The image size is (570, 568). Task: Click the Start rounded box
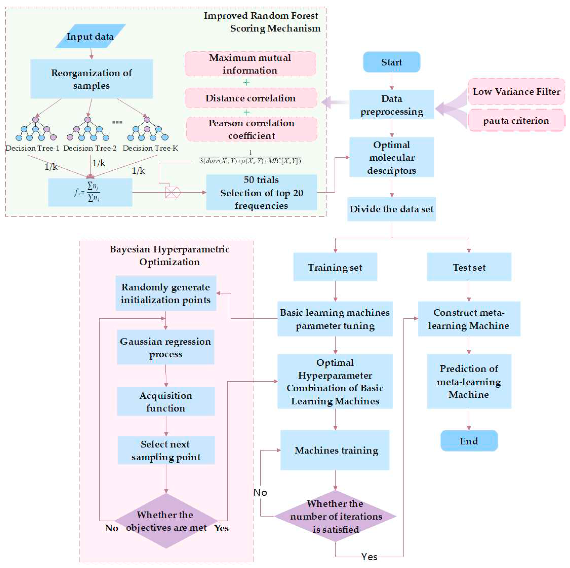click(391, 62)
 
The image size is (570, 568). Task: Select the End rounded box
click(469, 441)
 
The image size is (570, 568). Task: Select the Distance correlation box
click(250, 98)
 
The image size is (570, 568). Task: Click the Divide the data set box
click(391, 209)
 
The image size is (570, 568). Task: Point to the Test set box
click(469, 267)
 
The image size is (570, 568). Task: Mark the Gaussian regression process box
click(166, 347)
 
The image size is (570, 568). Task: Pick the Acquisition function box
click(166, 401)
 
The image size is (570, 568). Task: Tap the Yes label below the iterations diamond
click(369, 557)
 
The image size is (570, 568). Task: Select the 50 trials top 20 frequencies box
click(261, 193)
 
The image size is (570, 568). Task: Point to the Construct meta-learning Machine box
click(469, 319)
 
